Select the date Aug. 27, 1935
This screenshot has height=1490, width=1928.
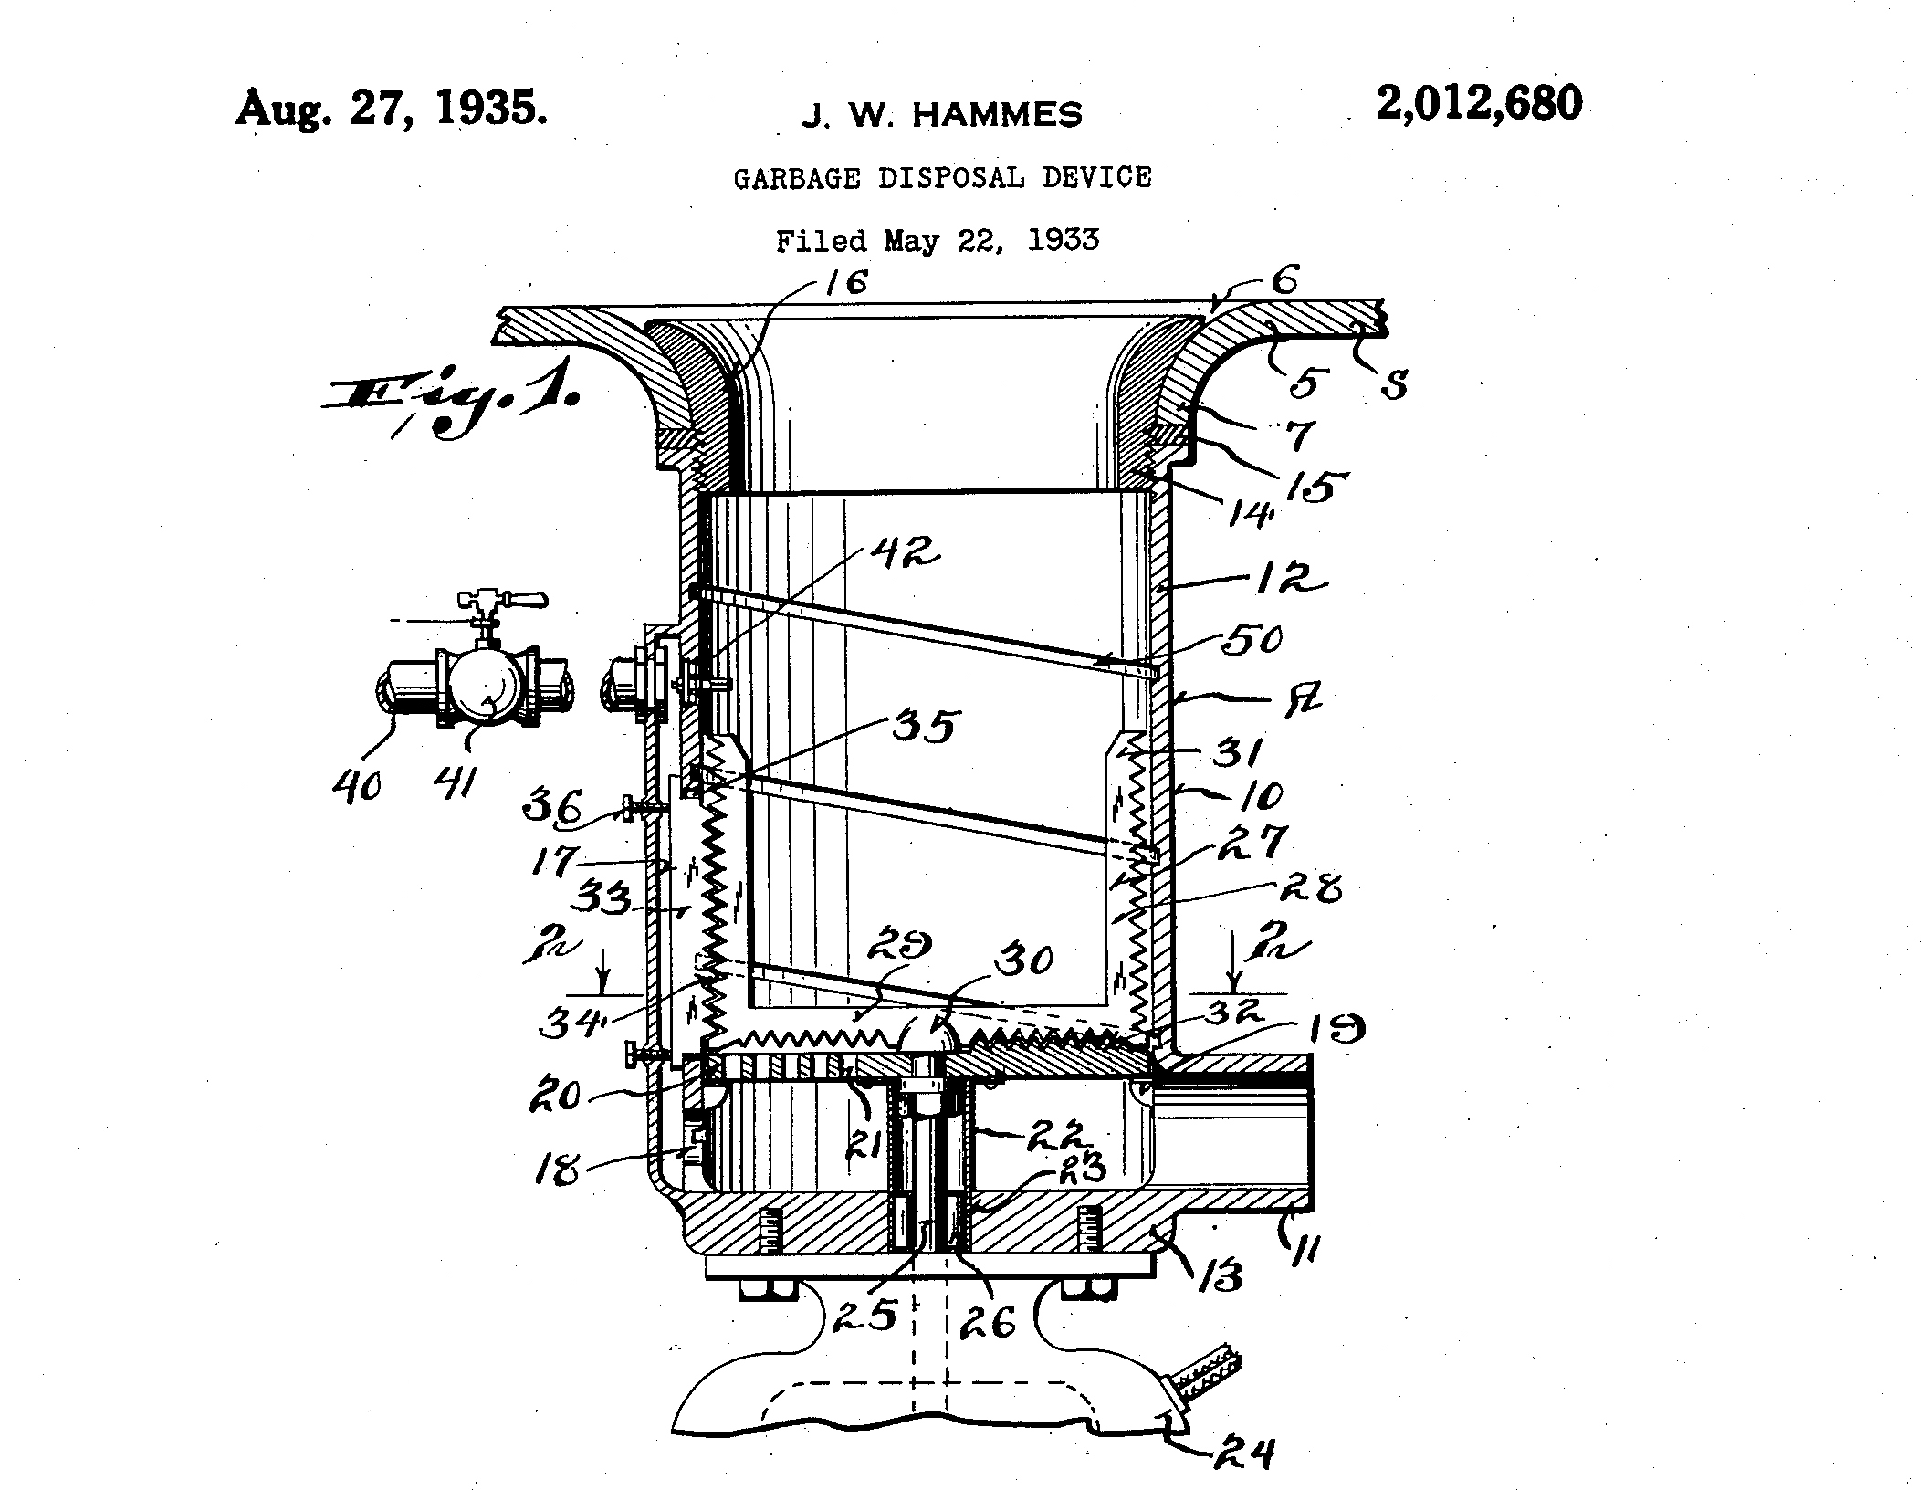click(392, 110)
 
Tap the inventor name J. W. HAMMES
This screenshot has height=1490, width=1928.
click(941, 116)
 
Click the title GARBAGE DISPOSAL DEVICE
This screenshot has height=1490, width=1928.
click(942, 177)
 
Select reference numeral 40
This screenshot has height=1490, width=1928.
click(357, 785)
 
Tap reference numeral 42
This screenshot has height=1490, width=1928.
click(903, 552)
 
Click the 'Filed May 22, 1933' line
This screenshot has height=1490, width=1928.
click(937, 241)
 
